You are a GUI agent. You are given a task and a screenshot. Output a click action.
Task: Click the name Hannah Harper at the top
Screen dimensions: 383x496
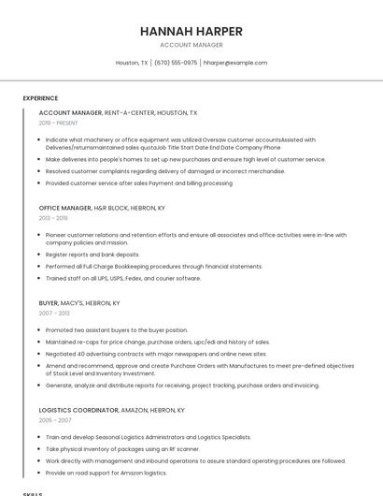pyautogui.click(x=191, y=31)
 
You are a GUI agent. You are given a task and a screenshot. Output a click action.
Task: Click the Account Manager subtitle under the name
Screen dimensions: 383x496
pyautogui.click(x=191, y=45)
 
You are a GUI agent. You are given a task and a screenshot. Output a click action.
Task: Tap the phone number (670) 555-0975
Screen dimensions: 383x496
pyautogui.click(x=176, y=63)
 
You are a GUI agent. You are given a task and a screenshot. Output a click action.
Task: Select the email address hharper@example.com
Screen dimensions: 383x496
pyautogui.click(x=235, y=63)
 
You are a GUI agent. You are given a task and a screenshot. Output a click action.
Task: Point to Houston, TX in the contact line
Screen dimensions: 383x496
pyautogui.click(x=132, y=63)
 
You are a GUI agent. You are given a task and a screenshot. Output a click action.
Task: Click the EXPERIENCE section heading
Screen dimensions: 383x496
pyautogui.click(x=40, y=98)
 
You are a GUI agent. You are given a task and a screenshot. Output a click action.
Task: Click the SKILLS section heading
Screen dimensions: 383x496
pyautogui.click(x=33, y=493)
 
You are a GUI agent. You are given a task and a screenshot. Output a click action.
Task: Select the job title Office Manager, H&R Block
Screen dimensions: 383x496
pyautogui.click(x=102, y=208)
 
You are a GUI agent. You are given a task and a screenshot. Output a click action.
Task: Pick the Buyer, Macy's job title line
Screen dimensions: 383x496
pyautogui.click(x=79, y=303)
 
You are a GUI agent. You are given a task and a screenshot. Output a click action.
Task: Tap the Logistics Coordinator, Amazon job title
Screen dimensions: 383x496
pyautogui.click(x=112, y=410)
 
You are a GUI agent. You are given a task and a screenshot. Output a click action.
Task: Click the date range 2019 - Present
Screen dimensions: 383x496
pyautogui.click(x=59, y=123)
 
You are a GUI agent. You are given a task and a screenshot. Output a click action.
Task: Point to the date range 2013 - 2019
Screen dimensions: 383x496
pyautogui.click(x=53, y=218)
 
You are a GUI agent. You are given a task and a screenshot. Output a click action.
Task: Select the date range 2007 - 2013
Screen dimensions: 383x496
pyautogui.click(x=53, y=314)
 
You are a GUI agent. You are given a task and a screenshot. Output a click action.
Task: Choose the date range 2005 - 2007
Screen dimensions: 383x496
pyautogui.click(x=53, y=420)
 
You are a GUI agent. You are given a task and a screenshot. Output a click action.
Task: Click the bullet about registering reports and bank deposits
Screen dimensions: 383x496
pyautogui.click(x=92, y=255)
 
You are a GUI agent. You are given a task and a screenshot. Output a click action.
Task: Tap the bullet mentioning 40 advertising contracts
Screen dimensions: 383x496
pyautogui.click(x=156, y=354)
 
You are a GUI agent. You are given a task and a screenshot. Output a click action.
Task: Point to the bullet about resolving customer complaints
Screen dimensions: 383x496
pyautogui.click(x=165, y=171)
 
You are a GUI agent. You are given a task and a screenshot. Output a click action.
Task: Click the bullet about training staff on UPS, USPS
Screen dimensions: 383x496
pyautogui.click(x=123, y=278)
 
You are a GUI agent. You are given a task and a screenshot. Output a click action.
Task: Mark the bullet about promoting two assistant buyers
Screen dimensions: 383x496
pyautogui.click(x=117, y=330)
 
